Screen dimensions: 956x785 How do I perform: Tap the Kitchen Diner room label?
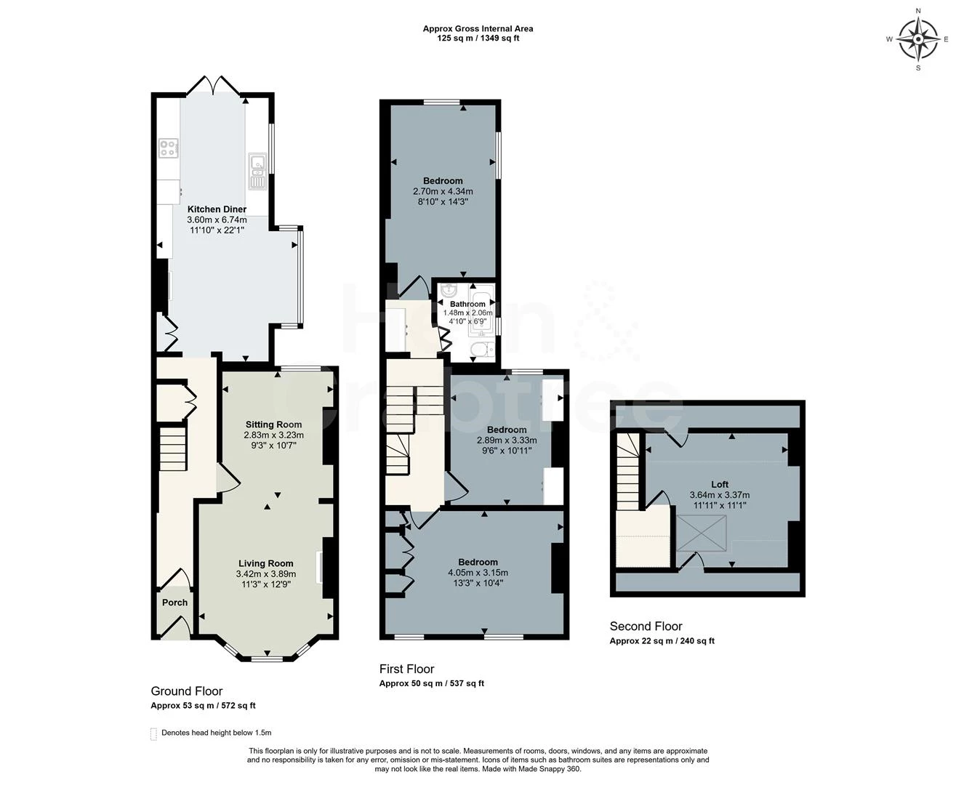[217, 209]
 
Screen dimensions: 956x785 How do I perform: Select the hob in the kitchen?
[168, 148]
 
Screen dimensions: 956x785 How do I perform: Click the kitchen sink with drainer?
[258, 171]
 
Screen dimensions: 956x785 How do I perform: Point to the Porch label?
[174, 603]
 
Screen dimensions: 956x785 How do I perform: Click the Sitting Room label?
[273, 424]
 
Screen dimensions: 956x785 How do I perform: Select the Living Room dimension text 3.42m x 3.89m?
[265, 573]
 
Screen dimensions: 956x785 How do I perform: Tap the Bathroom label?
[467, 304]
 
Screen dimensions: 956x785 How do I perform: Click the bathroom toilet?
[482, 350]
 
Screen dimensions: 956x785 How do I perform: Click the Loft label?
[720, 484]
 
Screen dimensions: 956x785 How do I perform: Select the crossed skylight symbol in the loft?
[702, 534]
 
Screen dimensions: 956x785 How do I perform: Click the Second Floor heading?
[646, 626]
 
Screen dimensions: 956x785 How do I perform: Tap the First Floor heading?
[406, 669]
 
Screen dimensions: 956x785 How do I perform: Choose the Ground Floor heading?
[187, 691]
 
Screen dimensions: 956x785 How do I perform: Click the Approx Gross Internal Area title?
[478, 28]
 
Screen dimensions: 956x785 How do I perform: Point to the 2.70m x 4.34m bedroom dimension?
[443, 191]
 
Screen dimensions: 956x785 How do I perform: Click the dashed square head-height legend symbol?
[153, 734]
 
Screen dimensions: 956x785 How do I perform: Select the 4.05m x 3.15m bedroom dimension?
[478, 572]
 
